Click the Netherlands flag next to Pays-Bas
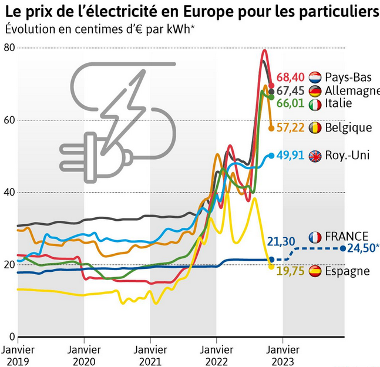click(x=315, y=77)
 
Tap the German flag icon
click(x=315, y=90)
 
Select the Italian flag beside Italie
click(x=315, y=104)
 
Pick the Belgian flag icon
click(x=315, y=127)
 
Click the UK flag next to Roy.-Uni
click(x=315, y=156)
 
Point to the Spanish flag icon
click(x=315, y=271)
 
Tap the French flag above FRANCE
click(x=315, y=237)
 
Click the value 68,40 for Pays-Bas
click(x=291, y=77)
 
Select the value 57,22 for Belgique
click(x=292, y=127)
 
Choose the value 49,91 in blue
click(x=292, y=156)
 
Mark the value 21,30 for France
click(x=280, y=241)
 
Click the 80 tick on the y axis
click(x=8, y=48)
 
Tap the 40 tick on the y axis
click(x=8, y=193)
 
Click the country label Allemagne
click(x=351, y=90)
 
